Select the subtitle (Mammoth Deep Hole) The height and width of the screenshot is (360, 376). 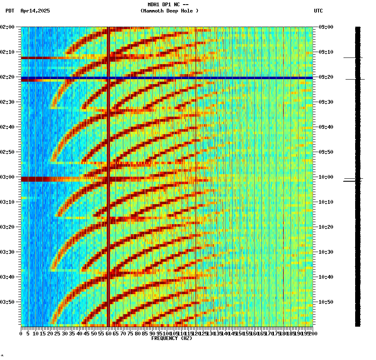[169, 11]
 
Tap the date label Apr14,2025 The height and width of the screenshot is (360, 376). [35, 11]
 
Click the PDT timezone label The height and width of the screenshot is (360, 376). [10, 11]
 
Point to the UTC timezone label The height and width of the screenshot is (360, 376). [318, 11]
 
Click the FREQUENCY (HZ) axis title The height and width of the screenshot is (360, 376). [171, 338]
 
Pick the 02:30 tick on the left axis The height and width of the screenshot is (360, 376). [8, 102]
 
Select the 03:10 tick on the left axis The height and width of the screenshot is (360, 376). [8, 202]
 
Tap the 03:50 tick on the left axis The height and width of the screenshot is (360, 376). [8, 302]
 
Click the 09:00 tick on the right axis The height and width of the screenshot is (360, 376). [326, 27]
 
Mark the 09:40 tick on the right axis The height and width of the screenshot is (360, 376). [326, 127]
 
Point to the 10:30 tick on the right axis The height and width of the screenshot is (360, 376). [326, 252]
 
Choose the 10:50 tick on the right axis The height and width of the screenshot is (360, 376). [326, 302]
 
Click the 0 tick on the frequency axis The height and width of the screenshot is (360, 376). [21, 334]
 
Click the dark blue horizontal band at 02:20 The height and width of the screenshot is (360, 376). [167, 78]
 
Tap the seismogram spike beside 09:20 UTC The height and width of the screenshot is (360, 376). [355, 79]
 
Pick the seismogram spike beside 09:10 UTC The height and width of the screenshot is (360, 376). [353, 58]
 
